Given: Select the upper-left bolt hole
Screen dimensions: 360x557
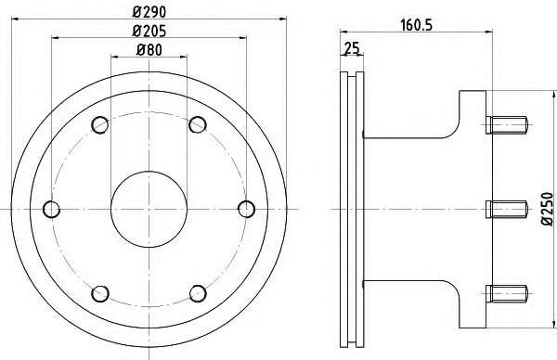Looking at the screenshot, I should [100, 123].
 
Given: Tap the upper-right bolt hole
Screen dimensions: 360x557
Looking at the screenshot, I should [197, 123].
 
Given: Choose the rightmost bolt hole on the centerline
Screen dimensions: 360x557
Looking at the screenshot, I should [245, 208].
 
